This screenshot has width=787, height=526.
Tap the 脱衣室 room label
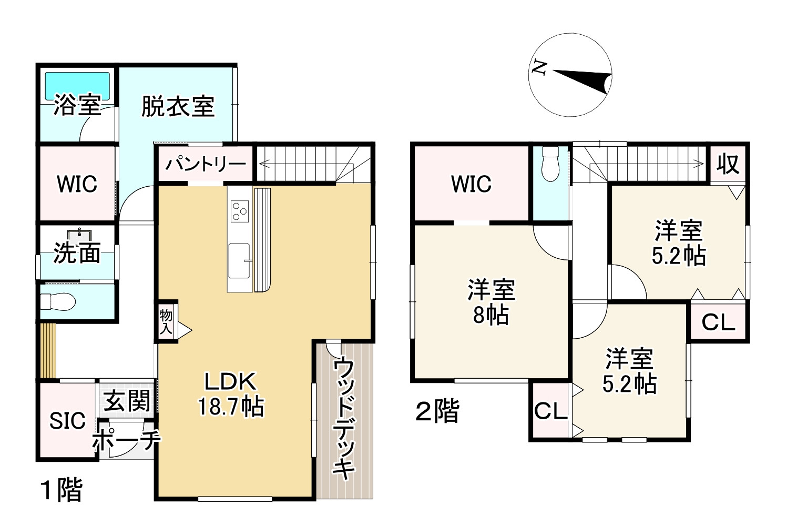click(x=178, y=106)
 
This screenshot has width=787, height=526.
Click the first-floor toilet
click(x=58, y=302)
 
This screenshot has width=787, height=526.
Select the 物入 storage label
click(x=166, y=322)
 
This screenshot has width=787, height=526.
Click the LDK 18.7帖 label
click(x=230, y=394)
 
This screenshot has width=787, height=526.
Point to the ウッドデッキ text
click(x=344, y=418)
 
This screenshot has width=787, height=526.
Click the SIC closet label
click(x=67, y=421)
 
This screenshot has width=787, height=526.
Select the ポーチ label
click(x=126, y=441)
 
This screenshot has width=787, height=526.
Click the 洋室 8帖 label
click(x=491, y=302)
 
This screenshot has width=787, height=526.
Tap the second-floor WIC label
click(x=471, y=184)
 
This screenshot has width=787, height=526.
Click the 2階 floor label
click(x=437, y=411)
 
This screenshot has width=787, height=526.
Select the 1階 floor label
click(x=62, y=490)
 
